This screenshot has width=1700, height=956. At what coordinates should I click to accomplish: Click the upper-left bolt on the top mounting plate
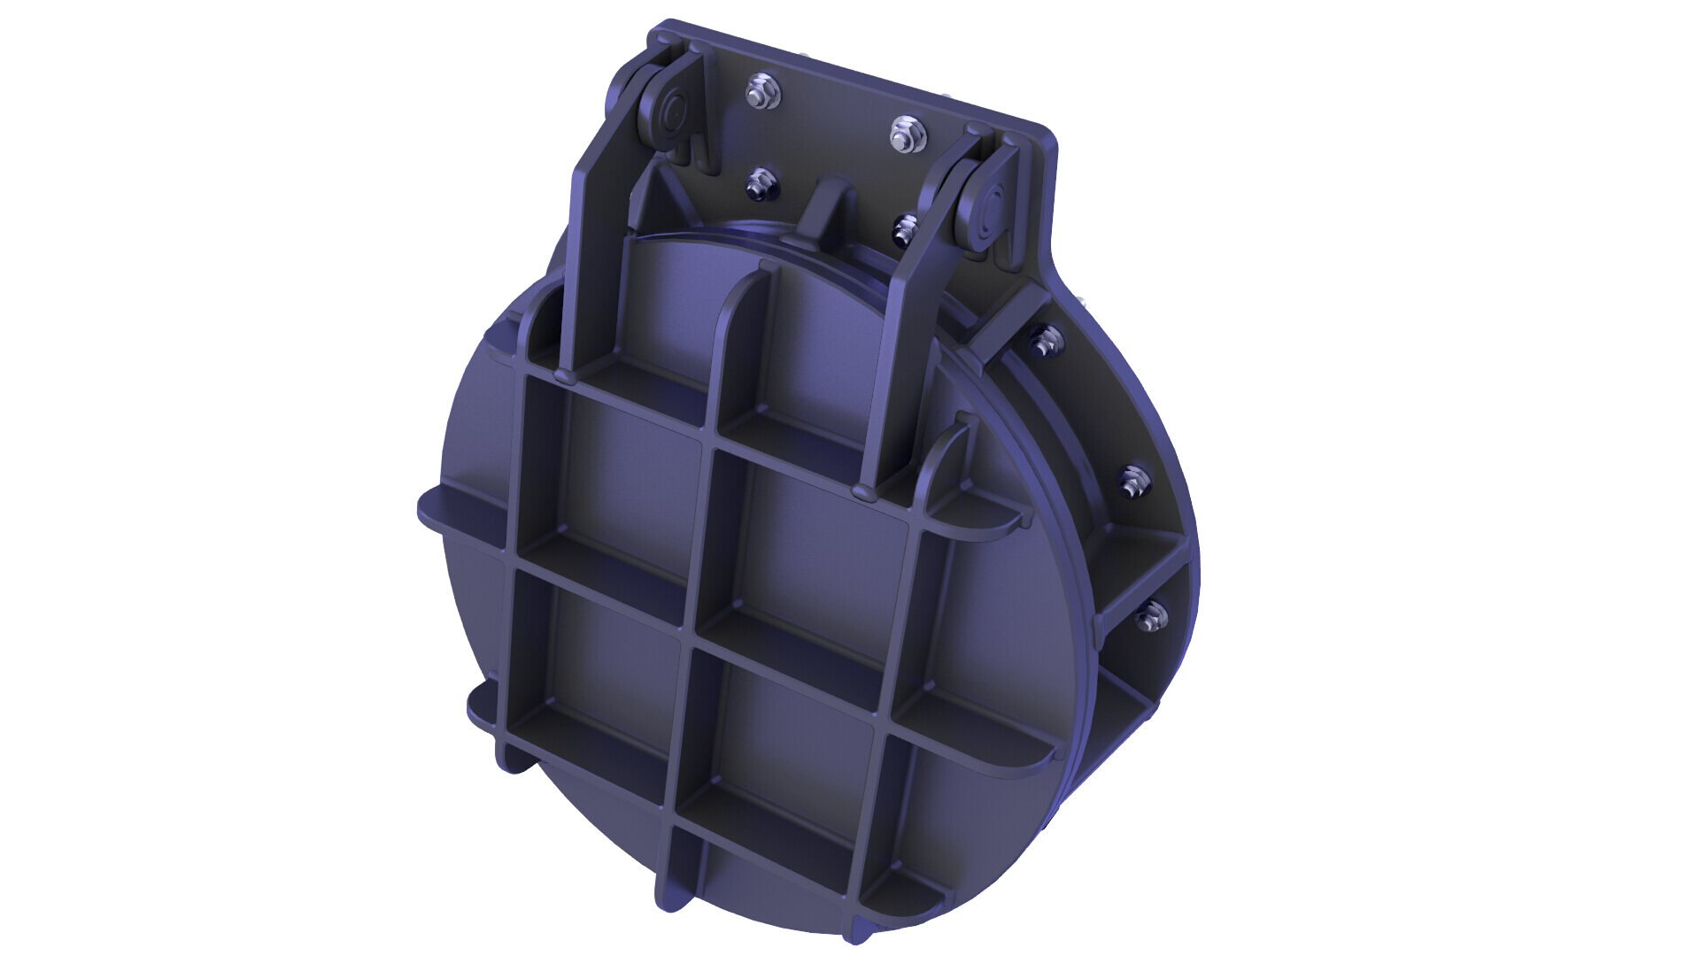[761, 92]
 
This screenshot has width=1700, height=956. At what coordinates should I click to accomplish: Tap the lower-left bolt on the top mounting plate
[760, 186]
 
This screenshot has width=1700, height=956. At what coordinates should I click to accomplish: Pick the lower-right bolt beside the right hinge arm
[905, 229]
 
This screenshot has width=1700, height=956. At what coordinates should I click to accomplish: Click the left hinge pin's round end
[668, 114]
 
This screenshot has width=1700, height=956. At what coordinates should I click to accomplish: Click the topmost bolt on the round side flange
[1044, 340]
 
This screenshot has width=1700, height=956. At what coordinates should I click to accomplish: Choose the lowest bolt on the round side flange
[1149, 616]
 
